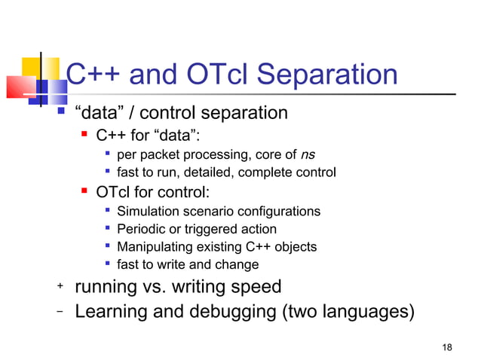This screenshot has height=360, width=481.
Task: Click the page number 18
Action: click(447, 346)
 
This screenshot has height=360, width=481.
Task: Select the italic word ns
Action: click(308, 155)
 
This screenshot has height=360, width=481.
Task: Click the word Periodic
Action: click(140, 229)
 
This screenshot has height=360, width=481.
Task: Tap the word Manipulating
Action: click(155, 246)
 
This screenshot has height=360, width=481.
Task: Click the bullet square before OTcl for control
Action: click(86, 192)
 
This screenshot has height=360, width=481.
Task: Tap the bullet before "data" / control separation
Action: click(63, 114)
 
